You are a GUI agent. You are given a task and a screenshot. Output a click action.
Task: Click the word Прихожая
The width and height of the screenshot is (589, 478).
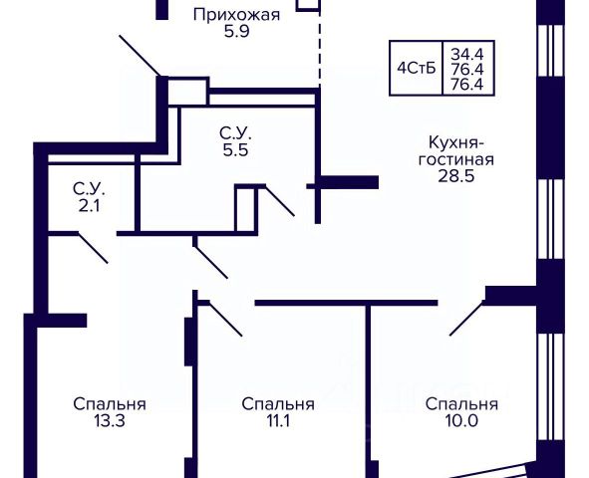pyautogui.click(x=236, y=16)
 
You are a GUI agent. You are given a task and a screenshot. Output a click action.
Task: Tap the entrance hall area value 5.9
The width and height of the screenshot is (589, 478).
pyautogui.click(x=236, y=32)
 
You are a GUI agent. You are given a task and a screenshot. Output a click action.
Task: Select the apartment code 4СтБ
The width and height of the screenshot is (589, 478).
pyautogui.click(x=417, y=69)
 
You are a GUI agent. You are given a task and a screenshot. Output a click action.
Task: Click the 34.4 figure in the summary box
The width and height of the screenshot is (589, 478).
pyautogui.click(x=467, y=55)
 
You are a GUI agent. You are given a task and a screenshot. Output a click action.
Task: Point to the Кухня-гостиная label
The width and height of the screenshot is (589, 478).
pyautogui.click(x=456, y=151)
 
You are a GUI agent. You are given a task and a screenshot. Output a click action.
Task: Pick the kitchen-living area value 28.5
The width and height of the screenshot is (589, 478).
pyautogui.click(x=456, y=176)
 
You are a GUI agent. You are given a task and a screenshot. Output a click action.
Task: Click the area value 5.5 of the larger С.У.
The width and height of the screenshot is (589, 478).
pyautogui.click(x=235, y=150)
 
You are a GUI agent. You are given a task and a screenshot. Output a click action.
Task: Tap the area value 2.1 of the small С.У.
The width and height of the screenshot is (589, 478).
pyautogui.click(x=89, y=206)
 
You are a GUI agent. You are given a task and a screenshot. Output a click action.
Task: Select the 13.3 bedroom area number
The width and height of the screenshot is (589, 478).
pyautogui.click(x=110, y=421)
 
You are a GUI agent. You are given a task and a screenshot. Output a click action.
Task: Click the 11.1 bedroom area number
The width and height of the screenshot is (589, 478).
pyautogui.click(x=278, y=421)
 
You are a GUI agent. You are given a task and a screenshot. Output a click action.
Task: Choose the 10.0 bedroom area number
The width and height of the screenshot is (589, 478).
pyautogui.click(x=461, y=421)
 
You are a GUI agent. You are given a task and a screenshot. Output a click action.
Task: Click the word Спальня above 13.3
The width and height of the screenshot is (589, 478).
pyautogui.click(x=110, y=405)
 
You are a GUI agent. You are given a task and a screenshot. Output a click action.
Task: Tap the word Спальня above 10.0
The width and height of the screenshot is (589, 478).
pyautogui.click(x=461, y=405)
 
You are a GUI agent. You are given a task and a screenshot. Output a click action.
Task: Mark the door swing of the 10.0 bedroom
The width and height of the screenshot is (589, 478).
pyautogui.click(x=467, y=318)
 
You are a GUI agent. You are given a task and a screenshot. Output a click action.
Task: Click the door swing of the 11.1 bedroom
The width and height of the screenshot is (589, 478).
pyautogui.click(x=224, y=319)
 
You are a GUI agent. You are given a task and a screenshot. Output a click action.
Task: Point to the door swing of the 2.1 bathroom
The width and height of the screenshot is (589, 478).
pyautogui.click(x=93, y=248)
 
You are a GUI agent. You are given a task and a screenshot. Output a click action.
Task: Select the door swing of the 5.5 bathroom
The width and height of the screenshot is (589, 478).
pyautogui.click(x=280, y=201)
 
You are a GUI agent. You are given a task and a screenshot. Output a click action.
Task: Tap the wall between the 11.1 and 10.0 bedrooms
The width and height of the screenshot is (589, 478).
pyautogui.click(x=369, y=390)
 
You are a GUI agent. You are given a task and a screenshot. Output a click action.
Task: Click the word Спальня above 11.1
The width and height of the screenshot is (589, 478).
pyautogui.click(x=278, y=405)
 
